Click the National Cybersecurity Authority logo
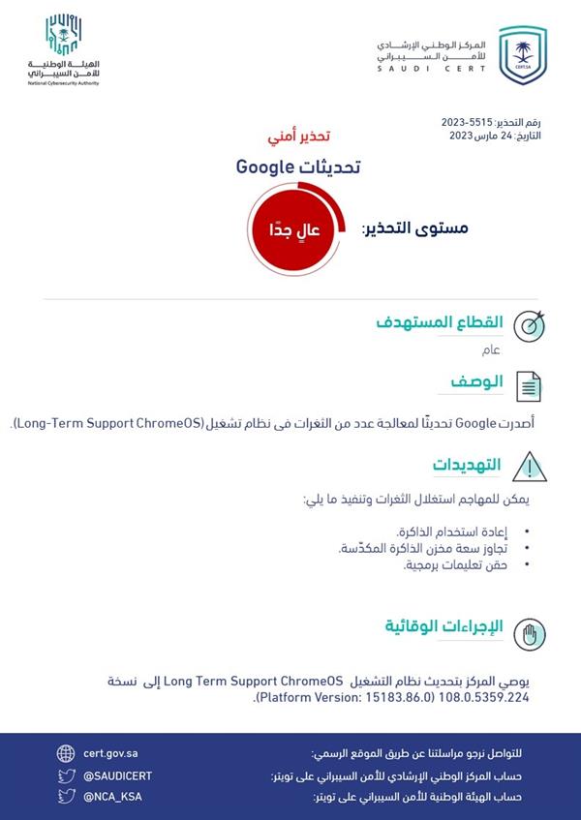(64, 49)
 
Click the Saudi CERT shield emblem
(522, 56)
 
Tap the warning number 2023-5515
(466, 124)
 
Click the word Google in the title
(264, 167)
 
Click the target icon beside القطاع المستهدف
(528, 325)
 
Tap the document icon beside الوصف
(528, 386)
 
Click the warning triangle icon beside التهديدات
(528, 466)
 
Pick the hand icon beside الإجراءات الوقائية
(528, 632)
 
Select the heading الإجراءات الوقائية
(443, 625)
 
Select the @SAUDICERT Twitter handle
(117, 775)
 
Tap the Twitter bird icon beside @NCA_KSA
(66, 797)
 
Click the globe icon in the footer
(66, 753)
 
